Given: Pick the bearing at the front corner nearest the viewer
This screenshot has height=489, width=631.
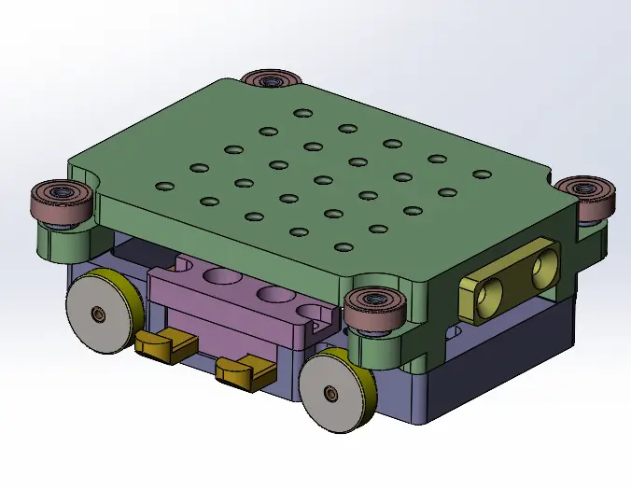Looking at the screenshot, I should coord(372,304).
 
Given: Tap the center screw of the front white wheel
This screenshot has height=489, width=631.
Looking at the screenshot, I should coord(331,394).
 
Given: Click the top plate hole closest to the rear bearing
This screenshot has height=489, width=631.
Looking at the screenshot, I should coord(302,114).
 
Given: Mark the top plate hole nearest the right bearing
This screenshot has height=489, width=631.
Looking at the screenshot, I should coord(482,175).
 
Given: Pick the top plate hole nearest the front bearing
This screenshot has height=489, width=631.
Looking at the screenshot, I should coord(343,247).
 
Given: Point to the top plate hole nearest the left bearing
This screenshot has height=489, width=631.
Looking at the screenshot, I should coord(164,186).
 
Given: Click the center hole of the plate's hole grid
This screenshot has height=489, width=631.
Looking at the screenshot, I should coord(323,180).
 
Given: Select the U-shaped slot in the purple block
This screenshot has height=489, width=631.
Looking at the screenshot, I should coord(316,313).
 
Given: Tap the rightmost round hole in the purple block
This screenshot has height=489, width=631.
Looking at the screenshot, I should coord(274,295).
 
